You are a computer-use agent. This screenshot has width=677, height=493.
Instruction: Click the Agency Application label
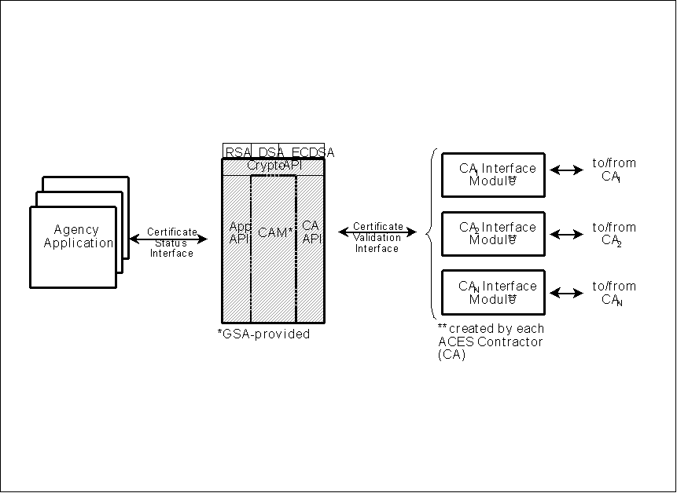pos(78,236)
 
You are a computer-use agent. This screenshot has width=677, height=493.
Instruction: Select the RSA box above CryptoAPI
pos(237,152)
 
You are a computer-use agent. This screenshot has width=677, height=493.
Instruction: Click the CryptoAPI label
pos(274,166)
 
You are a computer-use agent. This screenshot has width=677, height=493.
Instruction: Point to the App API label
pos(239,232)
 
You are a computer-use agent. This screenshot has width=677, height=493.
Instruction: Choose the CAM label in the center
pos(274,232)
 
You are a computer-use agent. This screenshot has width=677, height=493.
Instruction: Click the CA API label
pos(311,232)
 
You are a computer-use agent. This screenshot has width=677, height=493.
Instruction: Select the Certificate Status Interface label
pos(171,242)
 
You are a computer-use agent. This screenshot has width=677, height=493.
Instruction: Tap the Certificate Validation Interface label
pos(377,237)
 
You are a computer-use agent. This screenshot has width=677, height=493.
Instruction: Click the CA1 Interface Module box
pos(493,174)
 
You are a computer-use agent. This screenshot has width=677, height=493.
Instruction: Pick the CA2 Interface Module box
pos(493,233)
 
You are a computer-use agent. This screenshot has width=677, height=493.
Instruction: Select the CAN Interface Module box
pos(493,292)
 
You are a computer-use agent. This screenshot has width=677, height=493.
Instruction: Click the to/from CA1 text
pos(613,170)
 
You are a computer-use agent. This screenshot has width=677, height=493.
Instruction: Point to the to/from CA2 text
pos(613,234)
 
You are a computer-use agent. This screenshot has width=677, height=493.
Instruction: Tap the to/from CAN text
pos(613,293)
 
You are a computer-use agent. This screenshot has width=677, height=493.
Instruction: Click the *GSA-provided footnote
pos(263,334)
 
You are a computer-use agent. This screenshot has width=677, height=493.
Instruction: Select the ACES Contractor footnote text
pos(490,341)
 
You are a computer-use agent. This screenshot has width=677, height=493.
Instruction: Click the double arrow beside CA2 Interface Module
pos(566,234)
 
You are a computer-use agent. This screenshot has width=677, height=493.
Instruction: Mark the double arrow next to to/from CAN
pos(566,293)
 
